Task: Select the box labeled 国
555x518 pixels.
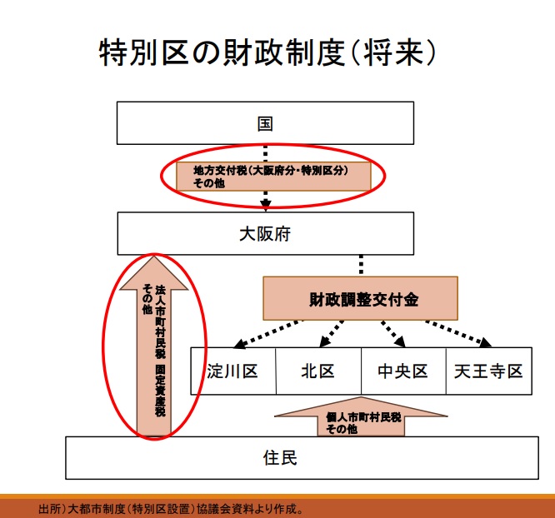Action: (265, 124)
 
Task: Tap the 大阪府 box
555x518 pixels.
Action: (265, 234)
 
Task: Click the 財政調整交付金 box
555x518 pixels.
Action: (360, 298)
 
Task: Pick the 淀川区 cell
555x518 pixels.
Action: (232, 371)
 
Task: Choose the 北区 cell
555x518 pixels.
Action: (317, 371)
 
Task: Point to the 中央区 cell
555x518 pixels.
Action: (402, 371)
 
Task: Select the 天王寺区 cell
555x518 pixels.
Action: (488, 371)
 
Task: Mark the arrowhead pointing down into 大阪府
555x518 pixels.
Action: (266, 202)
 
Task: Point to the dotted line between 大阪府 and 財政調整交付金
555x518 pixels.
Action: (360, 266)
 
